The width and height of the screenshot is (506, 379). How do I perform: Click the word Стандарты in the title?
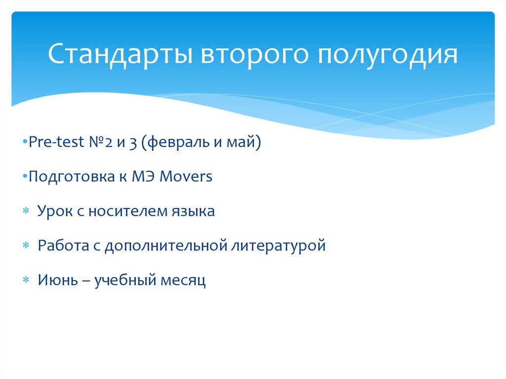point(121,54)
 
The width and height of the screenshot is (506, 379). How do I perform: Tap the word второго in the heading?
point(254,55)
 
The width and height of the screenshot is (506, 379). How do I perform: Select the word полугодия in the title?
point(387,55)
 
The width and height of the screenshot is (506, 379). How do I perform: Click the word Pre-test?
point(56,142)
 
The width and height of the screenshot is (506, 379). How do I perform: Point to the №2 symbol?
point(101,142)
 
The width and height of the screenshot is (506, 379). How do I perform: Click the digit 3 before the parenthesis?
point(133,143)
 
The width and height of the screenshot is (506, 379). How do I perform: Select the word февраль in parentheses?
point(175,142)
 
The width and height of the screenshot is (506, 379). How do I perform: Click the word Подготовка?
point(72,176)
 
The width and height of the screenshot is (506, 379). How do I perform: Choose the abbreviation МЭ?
point(143,176)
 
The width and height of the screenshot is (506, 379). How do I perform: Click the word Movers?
point(186,176)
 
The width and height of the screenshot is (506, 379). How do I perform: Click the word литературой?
point(279,246)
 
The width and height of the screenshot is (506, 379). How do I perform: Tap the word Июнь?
point(58,280)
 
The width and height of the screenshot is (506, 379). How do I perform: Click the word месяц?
point(183,281)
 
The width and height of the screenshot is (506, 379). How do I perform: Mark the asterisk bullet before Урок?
point(26,211)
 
